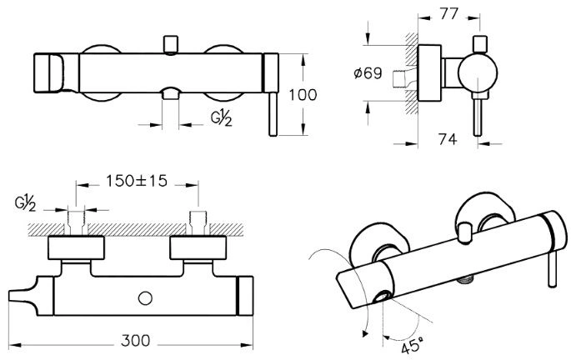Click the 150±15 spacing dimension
(137, 180)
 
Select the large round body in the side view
(479, 72)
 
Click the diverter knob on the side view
(479, 43)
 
